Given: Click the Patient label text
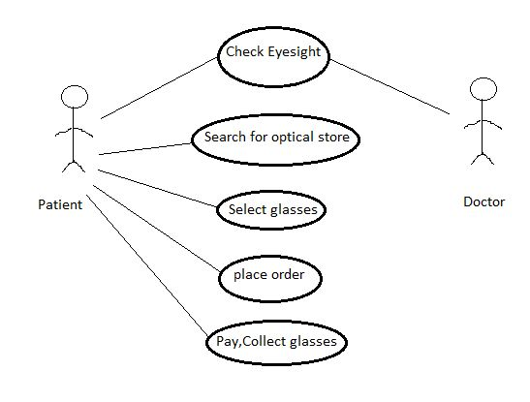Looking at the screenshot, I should click(x=59, y=204).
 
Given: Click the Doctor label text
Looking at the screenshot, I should click(x=483, y=201).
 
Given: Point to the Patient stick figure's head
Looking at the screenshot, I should click(x=75, y=97).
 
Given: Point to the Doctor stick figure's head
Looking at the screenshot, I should click(x=482, y=90).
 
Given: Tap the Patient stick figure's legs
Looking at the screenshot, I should click(x=75, y=166).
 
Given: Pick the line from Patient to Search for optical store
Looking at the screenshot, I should click(x=145, y=148).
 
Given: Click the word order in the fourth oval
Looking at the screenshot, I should click(x=287, y=275).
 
